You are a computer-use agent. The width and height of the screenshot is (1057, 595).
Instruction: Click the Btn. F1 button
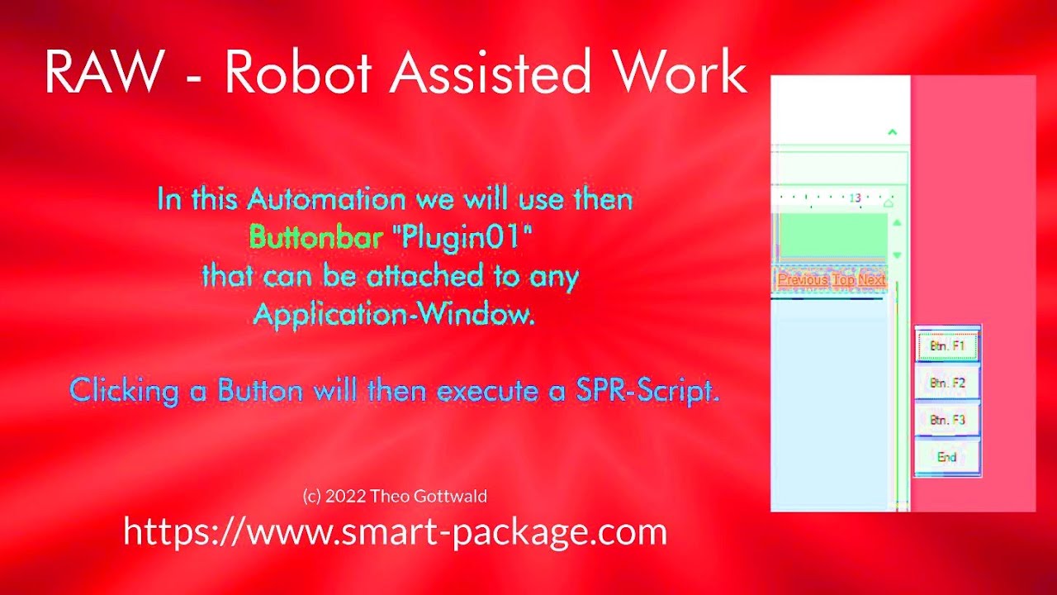tap(946, 346)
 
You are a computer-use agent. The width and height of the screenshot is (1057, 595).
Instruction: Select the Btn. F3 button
tap(946, 421)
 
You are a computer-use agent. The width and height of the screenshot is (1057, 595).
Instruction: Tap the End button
tap(946, 457)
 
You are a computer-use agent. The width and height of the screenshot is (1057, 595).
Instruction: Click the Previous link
tap(803, 279)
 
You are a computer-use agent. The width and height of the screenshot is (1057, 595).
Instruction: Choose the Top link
tap(843, 279)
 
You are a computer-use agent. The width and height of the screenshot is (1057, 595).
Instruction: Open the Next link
tap(871, 279)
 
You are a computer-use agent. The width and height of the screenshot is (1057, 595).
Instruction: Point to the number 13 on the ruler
tap(855, 198)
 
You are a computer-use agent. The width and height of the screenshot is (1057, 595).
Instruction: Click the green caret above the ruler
tap(892, 131)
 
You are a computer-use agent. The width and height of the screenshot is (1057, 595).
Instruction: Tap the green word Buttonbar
tap(315, 238)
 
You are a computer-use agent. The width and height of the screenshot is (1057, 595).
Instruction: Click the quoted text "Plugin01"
tap(462, 238)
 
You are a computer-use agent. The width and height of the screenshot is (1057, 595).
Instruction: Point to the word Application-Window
tap(393, 315)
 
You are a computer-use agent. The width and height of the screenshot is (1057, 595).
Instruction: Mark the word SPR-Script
tap(647, 391)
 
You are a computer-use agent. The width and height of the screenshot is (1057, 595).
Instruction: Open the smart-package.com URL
tap(395, 531)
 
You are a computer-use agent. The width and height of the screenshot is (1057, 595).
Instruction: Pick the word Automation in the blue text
tap(326, 199)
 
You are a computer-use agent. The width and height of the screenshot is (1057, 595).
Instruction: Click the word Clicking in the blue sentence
tap(124, 391)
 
